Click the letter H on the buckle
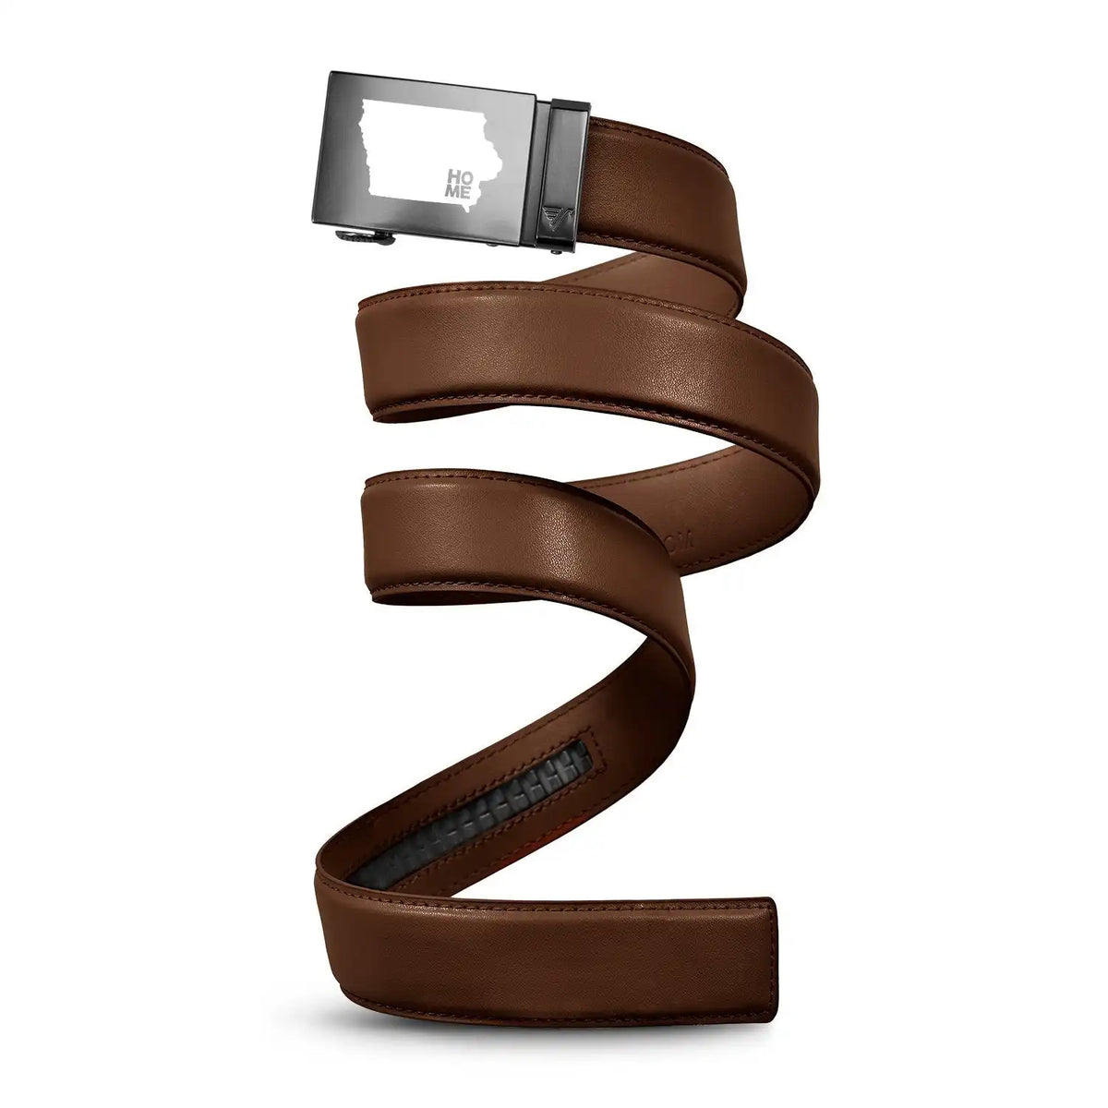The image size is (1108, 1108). coord(451,176)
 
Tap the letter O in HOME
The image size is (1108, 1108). coord(465,176)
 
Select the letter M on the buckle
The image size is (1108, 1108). coord(453,191)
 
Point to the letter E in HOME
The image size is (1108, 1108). coord(467,191)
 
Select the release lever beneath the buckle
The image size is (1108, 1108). coord(365,236)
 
